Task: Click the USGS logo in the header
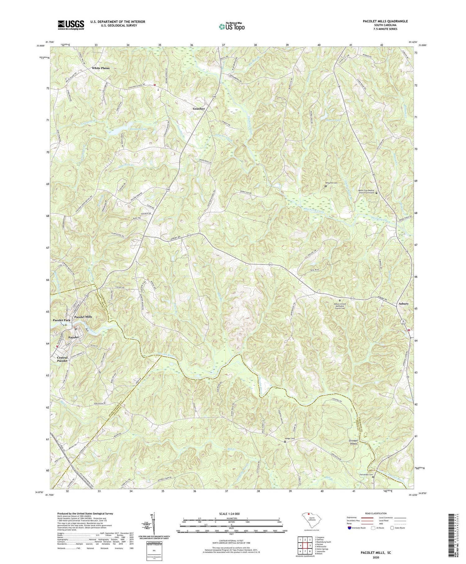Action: (x=71, y=25)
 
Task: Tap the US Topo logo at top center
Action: (x=231, y=26)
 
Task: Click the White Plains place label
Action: (x=100, y=68)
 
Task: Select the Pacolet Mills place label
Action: (x=83, y=317)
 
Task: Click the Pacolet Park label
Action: (x=61, y=320)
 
